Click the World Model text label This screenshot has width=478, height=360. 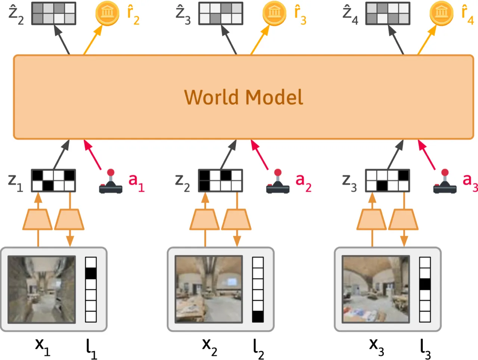tap(243, 97)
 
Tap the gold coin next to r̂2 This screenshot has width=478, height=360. tap(107, 13)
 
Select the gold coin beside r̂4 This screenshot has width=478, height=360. tap(441, 13)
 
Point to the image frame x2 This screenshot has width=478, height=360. tap(209, 289)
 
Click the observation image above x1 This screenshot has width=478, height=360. tap(41, 289)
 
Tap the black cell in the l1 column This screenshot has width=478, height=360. tap(91, 273)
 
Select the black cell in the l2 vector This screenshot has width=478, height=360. tap(258, 317)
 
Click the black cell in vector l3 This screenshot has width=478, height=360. tap(425, 284)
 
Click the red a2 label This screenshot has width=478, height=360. tap(303, 183)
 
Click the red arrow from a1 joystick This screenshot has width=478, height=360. tap(93, 155)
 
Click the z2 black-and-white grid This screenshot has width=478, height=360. tap(220, 180)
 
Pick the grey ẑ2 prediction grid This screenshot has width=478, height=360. tap(53, 13)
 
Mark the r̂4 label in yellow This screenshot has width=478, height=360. tap(468, 15)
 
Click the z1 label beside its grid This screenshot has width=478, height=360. tap(15, 183)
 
